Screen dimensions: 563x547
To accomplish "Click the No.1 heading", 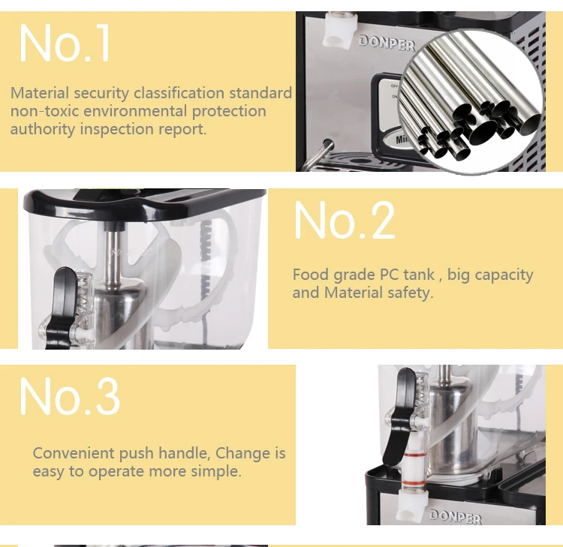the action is (65, 44).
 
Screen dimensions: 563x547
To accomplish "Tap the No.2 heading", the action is (345, 220).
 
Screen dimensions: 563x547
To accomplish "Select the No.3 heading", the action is (70, 397).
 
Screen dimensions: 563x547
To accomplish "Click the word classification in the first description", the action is (179, 93).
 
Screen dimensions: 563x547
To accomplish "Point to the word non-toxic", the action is (44, 111).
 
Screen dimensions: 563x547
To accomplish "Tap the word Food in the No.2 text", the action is (311, 275).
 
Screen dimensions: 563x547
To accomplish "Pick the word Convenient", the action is (74, 453).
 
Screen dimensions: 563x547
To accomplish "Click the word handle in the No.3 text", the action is (184, 454).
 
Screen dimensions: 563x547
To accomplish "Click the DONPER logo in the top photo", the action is (387, 43).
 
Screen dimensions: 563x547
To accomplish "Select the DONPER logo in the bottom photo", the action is (456, 516).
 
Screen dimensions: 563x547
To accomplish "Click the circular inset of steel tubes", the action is (471, 102).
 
